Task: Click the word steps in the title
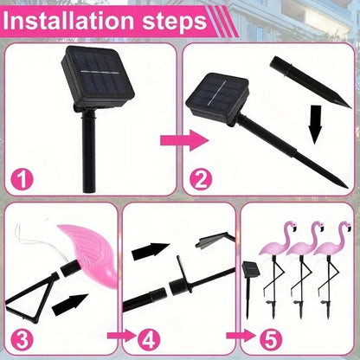[x=175, y=21]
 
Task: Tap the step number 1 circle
[x=22, y=179]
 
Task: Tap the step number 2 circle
[x=201, y=179]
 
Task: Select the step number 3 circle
[x=22, y=339]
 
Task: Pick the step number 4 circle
[x=149, y=339]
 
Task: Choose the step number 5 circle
[x=271, y=339]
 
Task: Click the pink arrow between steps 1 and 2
[x=184, y=140]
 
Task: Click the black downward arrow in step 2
[x=315, y=125]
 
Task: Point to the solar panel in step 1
[x=98, y=76]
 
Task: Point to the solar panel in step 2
[x=217, y=98]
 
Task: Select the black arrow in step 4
[x=151, y=250]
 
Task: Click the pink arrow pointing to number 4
[x=121, y=336]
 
